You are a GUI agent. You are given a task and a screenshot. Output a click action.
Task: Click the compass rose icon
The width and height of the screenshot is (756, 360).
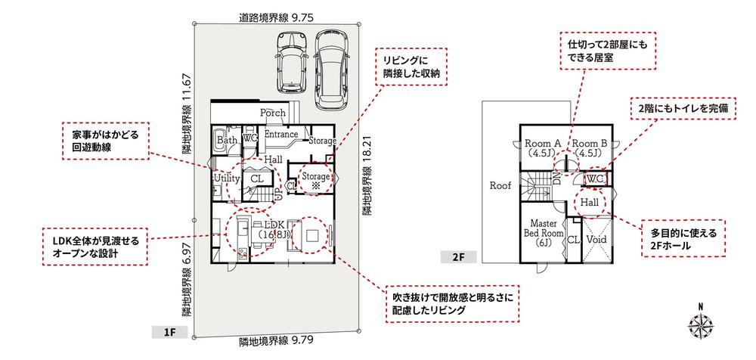pyautogui.click(x=701, y=326)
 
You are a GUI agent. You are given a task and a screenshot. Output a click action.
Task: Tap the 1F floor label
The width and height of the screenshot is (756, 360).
pyautogui.click(x=169, y=332)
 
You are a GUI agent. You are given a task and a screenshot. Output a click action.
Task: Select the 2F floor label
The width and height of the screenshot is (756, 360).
pyautogui.click(x=459, y=256)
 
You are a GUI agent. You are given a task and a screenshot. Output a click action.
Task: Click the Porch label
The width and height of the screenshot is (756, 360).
pyautogui.click(x=273, y=113)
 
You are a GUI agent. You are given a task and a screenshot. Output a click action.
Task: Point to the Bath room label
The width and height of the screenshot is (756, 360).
pyautogui.click(x=226, y=139)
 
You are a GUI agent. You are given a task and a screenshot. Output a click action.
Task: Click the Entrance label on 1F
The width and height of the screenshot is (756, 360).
pyautogui.click(x=281, y=133)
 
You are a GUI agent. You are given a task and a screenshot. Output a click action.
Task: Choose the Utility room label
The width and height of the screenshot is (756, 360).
pyautogui.click(x=227, y=178)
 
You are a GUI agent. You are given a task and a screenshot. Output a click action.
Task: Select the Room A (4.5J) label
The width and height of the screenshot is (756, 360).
pyautogui.click(x=542, y=148)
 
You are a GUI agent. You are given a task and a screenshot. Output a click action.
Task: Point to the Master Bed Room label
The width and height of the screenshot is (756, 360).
pyautogui.click(x=544, y=233)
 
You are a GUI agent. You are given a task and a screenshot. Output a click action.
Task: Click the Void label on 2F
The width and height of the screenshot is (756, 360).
pyautogui.click(x=596, y=239)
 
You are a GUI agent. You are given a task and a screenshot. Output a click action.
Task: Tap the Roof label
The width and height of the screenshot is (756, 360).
pyautogui.click(x=500, y=185)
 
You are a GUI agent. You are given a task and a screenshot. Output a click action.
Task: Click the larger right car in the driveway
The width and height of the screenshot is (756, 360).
pyautogui.click(x=331, y=69)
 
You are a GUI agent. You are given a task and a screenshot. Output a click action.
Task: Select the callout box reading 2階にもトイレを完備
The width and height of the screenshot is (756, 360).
pyautogui.click(x=683, y=110)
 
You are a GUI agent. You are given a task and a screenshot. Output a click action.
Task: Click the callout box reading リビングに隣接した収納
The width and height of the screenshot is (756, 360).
pyautogui.click(x=413, y=66)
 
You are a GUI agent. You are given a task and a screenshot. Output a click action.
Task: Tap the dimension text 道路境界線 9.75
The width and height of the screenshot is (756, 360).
pyautogui.click(x=276, y=18)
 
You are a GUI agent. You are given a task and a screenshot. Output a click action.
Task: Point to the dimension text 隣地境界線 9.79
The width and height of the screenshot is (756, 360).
pyautogui.click(x=276, y=342)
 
